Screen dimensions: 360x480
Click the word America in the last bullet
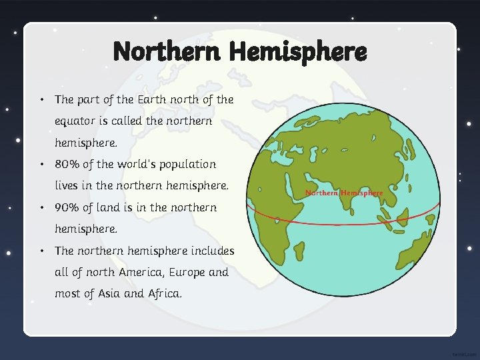[x=137, y=272]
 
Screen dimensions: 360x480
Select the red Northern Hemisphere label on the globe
[x=344, y=193]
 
